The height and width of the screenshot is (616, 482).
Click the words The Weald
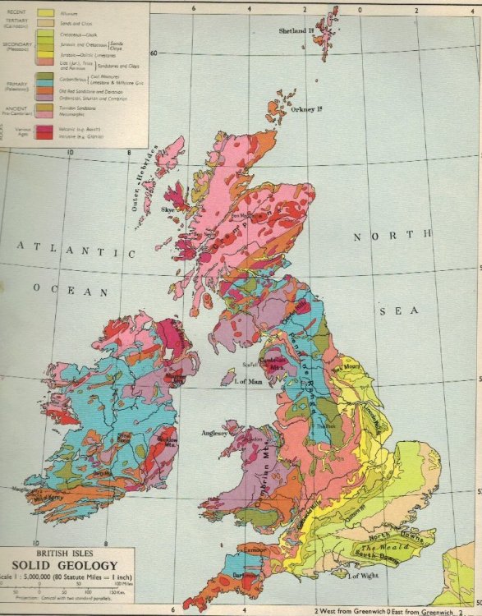[384, 545]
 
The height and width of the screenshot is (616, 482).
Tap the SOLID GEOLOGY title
[64, 565]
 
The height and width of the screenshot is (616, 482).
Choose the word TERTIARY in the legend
[18, 24]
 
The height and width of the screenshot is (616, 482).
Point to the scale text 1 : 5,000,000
[32, 578]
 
